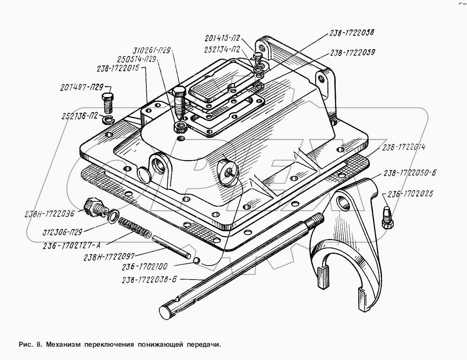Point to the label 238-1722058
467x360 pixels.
[350, 32]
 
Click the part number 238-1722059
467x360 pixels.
[352, 52]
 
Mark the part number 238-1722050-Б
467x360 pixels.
[410, 173]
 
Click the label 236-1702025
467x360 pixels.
[410, 193]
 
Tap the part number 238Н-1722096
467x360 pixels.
[50, 213]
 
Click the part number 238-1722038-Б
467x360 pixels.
[150, 280]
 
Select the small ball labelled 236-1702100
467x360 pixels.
[197, 261]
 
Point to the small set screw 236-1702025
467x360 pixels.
[387, 218]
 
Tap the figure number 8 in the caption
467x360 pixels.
[38, 345]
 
